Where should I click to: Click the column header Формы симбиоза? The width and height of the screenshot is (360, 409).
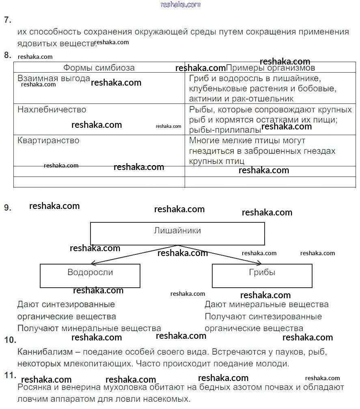tap(99, 68)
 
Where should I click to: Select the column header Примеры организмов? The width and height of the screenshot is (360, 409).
tap(270, 68)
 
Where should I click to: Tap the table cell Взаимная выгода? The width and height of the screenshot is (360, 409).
tap(54, 79)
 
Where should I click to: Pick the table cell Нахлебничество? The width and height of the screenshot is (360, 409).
tap(52, 110)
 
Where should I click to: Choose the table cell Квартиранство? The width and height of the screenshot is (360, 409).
tap(48, 140)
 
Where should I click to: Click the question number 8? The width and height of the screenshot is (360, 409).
tap(7, 55)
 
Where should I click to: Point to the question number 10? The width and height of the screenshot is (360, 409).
tap(10, 340)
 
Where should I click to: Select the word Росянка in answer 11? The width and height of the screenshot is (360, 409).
tap(34, 387)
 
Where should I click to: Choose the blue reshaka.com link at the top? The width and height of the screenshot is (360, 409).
tap(180, 4)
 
